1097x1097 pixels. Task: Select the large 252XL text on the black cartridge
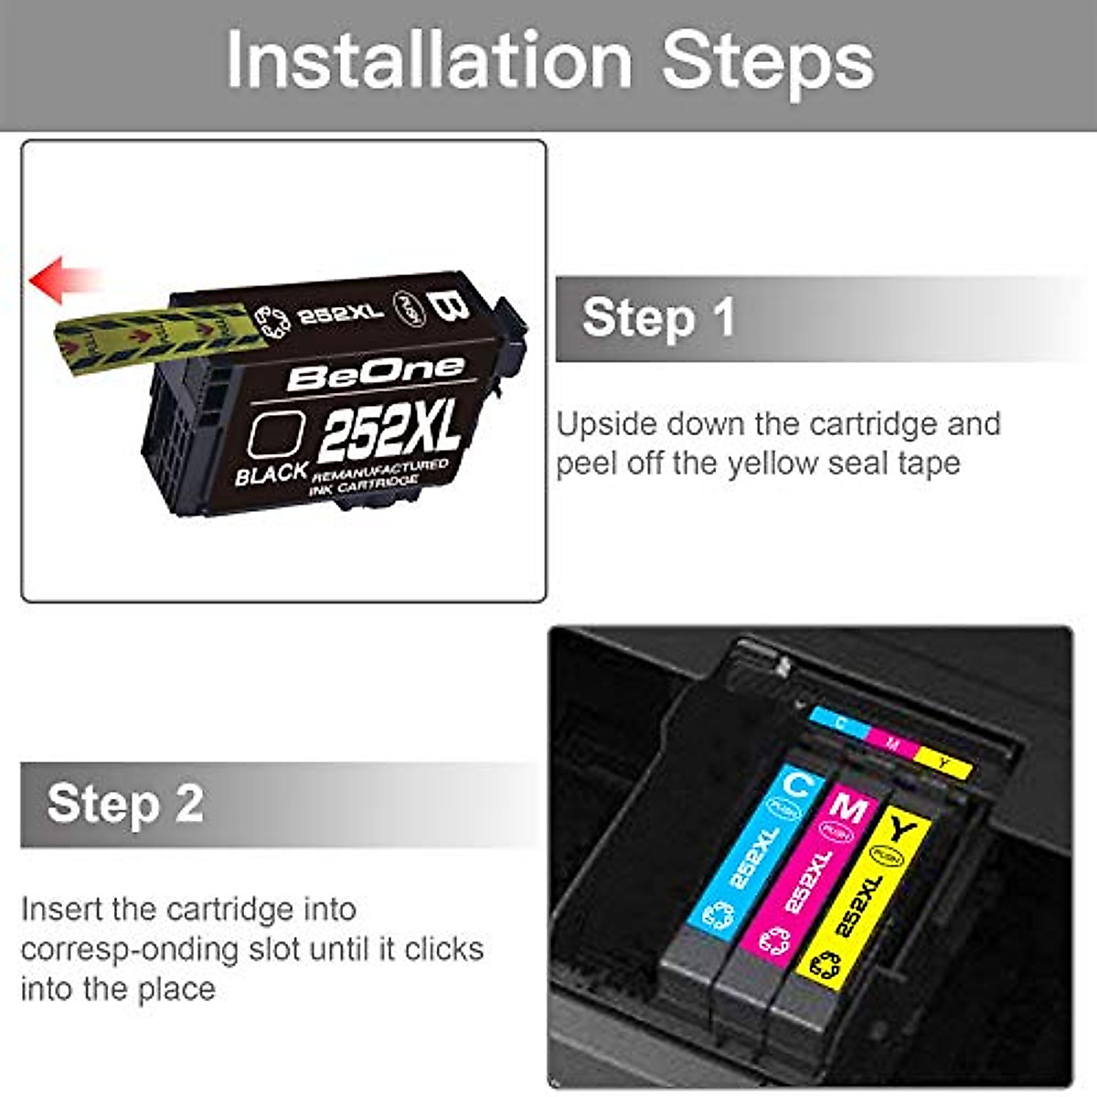click(x=389, y=430)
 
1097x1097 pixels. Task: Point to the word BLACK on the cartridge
click(x=272, y=474)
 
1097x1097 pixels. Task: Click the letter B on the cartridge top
click(x=449, y=305)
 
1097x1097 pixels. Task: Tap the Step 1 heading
click(x=658, y=317)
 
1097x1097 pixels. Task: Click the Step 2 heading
click(x=125, y=804)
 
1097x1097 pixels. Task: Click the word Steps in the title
click(x=768, y=61)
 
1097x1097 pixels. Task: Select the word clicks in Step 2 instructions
click(x=444, y=949)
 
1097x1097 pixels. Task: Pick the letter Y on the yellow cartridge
click(x=902, y=830)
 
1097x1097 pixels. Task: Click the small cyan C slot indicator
click(x=839, y=724)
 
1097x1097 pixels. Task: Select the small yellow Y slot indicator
click(x=943, y=762)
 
